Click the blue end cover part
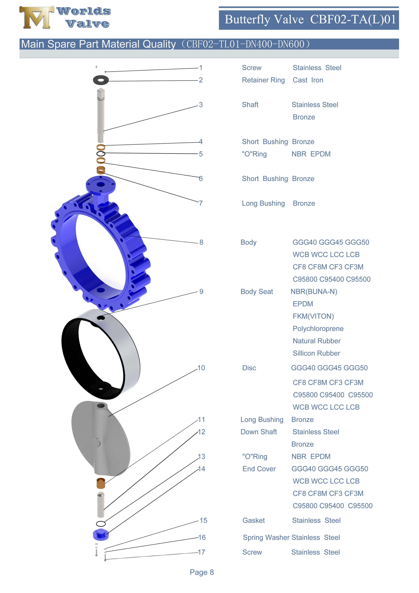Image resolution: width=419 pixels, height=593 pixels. (x=101, y=535)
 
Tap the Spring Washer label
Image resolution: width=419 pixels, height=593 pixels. (x=266, y=538)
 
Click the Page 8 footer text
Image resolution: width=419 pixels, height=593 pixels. (x=202, y=572)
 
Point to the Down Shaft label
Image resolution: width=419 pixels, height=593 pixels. (x=258, y=432)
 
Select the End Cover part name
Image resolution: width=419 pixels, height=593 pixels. (x=259, y=469)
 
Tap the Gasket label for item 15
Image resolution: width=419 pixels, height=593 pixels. (x=254, y=520)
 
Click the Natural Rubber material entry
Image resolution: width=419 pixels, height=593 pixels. (x=316, y=341)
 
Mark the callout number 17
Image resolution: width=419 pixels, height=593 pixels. (x=201, y=552)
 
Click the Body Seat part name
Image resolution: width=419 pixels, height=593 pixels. (x=257, y=292)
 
